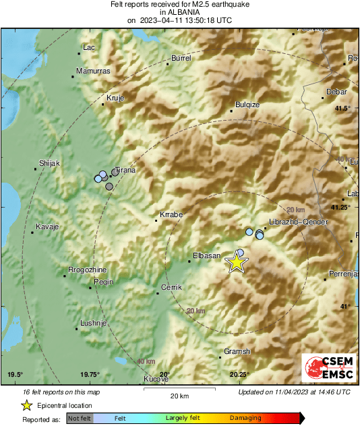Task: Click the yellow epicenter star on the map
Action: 236,262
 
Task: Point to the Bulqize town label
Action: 247,104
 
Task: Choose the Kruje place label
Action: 117,98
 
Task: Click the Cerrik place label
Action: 172,288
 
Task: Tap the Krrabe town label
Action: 171,214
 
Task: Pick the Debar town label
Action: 336,92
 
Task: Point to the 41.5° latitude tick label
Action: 342,108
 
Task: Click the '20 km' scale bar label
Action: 179,396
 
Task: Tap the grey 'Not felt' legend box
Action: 80,419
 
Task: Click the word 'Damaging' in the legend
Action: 245,419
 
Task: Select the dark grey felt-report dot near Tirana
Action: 109,186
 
